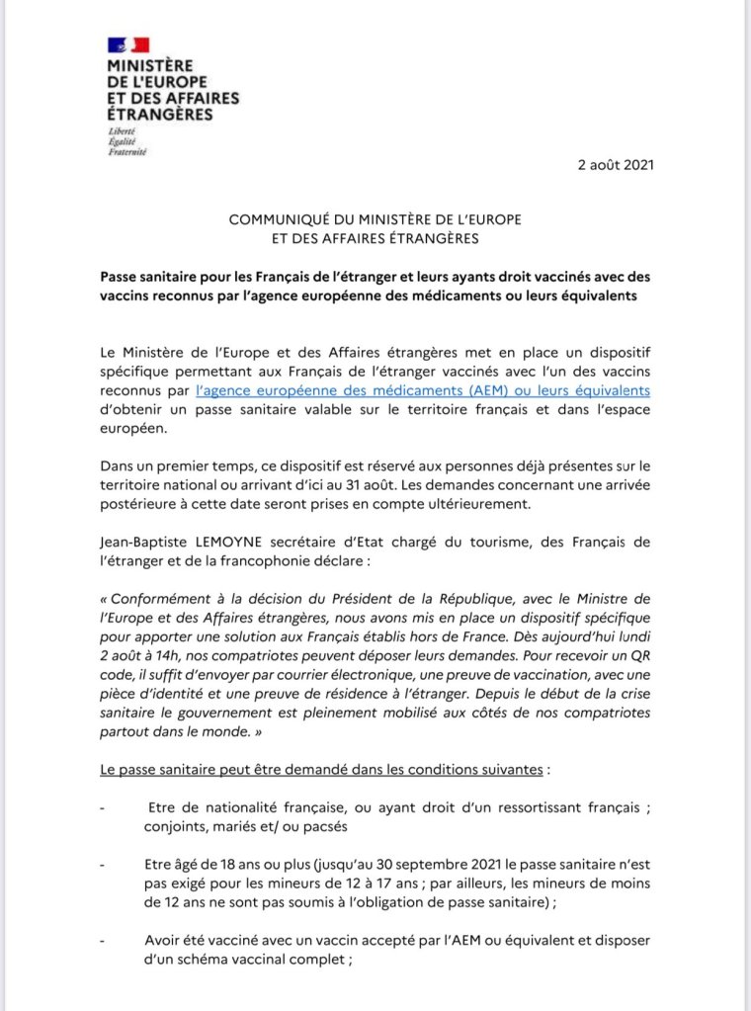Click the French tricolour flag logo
point(128,44)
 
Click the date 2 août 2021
point(616,164)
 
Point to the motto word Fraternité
point(128,151)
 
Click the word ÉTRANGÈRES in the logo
point(161,114)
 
